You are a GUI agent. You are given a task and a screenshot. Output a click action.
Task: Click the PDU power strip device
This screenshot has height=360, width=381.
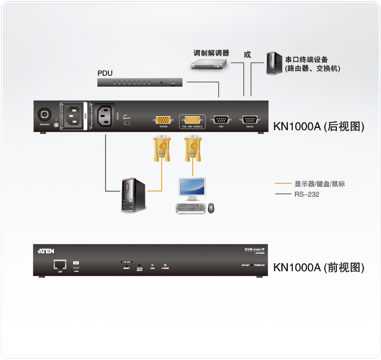tap(141, 82)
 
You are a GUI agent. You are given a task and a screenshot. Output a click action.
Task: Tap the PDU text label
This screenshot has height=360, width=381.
tap(105, 72)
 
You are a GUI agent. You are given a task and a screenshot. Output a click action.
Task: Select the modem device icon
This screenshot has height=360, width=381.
tap(208, 64)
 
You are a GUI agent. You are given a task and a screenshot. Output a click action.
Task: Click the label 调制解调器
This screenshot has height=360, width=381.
tap(211, 53)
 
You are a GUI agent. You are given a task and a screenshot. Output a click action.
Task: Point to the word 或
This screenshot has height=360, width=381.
tap(247, 54)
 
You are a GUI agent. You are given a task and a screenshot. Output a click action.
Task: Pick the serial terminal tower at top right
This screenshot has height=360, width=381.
tap(273, 64)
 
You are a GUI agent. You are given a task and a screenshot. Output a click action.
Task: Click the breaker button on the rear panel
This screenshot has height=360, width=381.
tap(45, 115)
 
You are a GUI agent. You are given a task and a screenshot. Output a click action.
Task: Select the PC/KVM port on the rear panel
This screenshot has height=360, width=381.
tap(163, 120)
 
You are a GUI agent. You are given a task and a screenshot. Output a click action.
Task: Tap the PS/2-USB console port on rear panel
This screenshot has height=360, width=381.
tap(192, 120)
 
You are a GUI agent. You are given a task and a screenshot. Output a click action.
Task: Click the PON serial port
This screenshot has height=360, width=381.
tap(221, 120)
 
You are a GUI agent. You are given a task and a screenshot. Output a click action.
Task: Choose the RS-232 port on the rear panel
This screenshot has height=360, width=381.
tap(250, 120)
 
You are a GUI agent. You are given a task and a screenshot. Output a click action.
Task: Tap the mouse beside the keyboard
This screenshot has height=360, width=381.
tap(211, 208)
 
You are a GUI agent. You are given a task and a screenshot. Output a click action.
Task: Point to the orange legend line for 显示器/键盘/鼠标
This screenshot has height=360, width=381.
tap(284, 184)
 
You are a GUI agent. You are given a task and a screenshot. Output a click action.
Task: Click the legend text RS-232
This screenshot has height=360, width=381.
tap(307, 194)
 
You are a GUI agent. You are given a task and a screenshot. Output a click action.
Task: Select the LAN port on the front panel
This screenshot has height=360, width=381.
tap(59, 265)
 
